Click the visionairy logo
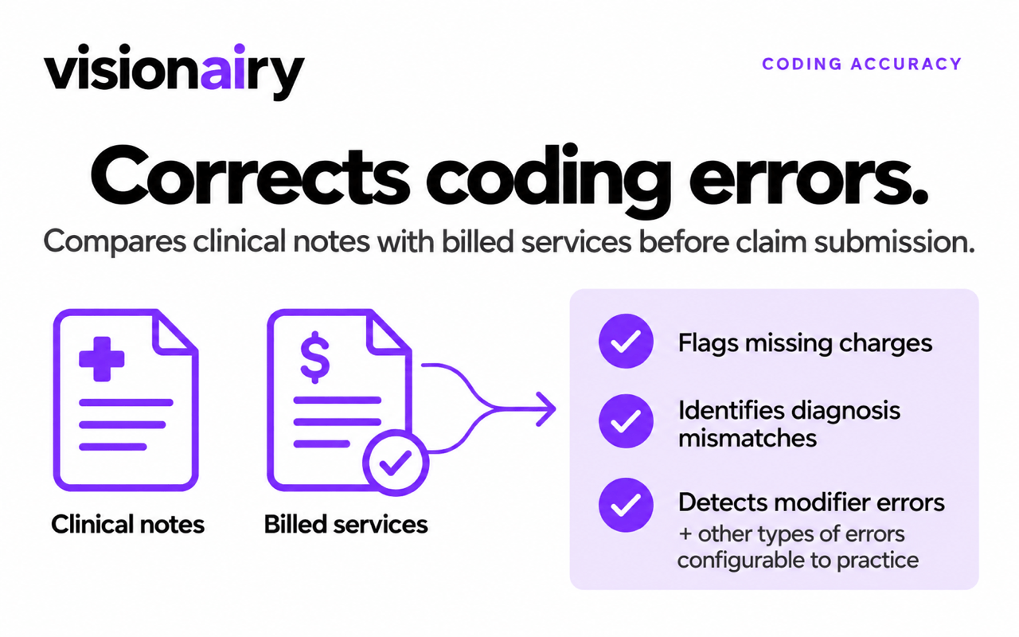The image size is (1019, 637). pyautogui.click(x=174, y=72)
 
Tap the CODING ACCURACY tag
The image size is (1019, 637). pyautogui.click(x=861, y=64)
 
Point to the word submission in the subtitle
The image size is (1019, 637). pyautogui.click(x=894, y=241)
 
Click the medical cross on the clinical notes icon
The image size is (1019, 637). pyautogui.click(x=101, y=359)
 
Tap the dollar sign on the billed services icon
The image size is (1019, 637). pyautogui.click(x=314, y=358)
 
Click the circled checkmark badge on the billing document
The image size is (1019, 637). pyautogui.click(x=396, y=463)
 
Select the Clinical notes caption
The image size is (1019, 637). pyautogui.click(x=128, y=524)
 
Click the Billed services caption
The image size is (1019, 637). pyautogui.click(x=346, y=524)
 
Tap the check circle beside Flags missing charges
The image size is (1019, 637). pyautogui.click(x=626, y=342)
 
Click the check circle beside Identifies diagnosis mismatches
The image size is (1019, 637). pyautogui.click(x=626, y=421)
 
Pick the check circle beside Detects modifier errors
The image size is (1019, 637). pyautogui.click(x=626, y=505)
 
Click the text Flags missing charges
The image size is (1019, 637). pyautogui.click(x=805, y=343)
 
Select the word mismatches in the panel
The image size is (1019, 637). pyautogui.click(x=748, y=438)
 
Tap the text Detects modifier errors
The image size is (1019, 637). pyautogui.click(x=811, y=502)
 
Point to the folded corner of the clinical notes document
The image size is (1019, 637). pyautogui.click(x=174, y=333)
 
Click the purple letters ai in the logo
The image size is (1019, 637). pyautogui.click(x=223, y=68)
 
